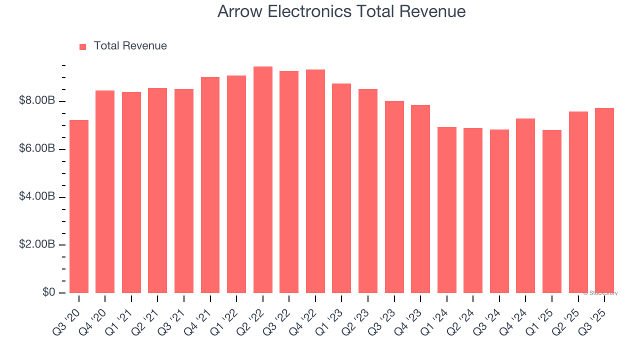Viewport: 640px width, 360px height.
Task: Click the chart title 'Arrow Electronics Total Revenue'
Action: point(341,11)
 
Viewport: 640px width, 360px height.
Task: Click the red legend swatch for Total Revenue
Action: point(82,46)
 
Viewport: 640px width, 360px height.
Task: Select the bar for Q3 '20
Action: point(79,206)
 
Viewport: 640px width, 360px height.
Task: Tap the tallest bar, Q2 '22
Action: point(263,179)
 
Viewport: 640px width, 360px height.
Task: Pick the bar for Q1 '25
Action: point(552,211)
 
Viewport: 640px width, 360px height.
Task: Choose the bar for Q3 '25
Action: point(604,200)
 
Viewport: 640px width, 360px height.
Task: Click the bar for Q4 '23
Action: point(420,198)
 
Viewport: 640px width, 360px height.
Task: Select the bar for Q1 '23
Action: point(341,188)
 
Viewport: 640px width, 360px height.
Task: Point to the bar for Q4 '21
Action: point(210,184)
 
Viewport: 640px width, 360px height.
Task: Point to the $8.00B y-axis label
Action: point(36,101)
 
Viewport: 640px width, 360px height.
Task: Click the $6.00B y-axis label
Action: point(36,149)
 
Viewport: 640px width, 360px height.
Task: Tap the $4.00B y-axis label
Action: point(36,197)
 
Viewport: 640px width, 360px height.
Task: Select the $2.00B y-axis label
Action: point(36,245)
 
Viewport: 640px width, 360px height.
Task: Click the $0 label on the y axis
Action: point(48,292)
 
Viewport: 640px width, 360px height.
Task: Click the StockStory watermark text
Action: point(600,293)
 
